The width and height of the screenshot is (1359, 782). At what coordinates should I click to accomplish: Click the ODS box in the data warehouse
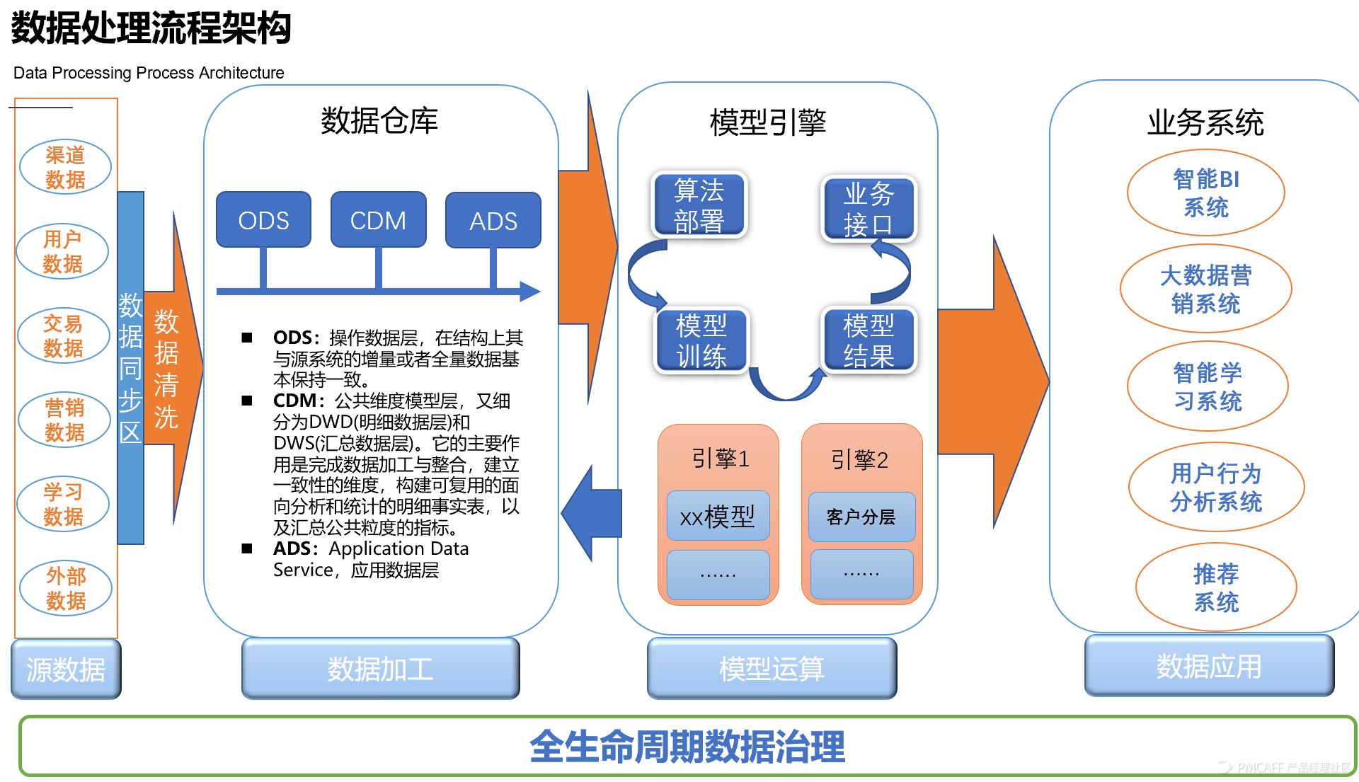click(x=263, y=220)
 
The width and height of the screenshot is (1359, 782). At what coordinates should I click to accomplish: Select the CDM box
click(x=378, y=220)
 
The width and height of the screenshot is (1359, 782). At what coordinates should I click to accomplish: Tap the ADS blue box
click(x=493, y=221)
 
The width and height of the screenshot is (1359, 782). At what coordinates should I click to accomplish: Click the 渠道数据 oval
click(x=65, y=167)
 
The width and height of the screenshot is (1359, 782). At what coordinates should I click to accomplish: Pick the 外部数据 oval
click(x=66, y=588)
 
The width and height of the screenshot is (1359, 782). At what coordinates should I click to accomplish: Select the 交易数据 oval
click(x=63, y=336)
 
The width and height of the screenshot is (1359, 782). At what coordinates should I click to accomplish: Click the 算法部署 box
click(x=699, y=205)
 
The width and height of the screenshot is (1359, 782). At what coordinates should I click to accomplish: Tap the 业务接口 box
click(x=868, y=209)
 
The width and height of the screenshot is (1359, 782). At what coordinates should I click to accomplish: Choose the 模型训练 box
click(x=701, y=340)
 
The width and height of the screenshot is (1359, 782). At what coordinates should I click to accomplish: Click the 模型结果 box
click(x=868, y=340)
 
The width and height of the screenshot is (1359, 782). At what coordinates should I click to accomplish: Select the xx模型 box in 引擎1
click(x=718, y=517)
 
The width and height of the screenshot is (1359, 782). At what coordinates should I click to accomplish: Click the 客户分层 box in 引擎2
click(x=861, y=517)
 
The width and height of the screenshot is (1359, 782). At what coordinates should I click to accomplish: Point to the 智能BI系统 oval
click(x=1205, y=192)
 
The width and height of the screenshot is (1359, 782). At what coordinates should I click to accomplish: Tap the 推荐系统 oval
click(x=1215, y=587)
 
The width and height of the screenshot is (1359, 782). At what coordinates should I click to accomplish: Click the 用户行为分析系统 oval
click(x=1215, y=487)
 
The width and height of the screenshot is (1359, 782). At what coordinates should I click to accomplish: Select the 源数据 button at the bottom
click(x=66, y=669)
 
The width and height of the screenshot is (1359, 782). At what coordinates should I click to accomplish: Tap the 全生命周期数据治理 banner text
click(x=687, y=747)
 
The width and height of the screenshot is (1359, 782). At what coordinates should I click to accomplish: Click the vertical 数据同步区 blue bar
click(x=130, y=368)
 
